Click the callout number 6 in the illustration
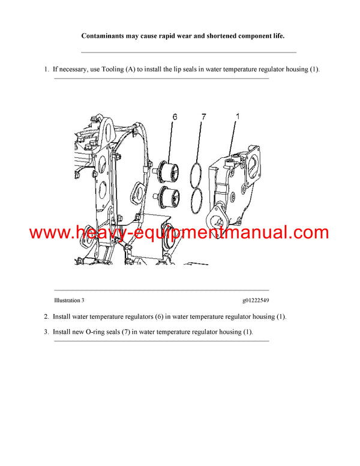pos(175,117)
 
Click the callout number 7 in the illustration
pos(203,117)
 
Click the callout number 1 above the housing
pos(237,117)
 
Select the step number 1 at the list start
pos(46,70)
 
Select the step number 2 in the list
pos(46,316)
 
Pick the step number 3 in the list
pos(46,331)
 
